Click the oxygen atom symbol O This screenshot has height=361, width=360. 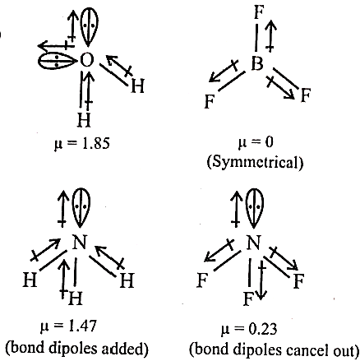coord(87,60)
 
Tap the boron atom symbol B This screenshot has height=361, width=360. coord(257,64)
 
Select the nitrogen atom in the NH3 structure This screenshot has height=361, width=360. coord(80,243)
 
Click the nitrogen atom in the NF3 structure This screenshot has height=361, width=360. coord(253,243)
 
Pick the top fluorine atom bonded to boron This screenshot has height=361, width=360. coord(258,12)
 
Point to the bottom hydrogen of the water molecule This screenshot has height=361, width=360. coord(84,120)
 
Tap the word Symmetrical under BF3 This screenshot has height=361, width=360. coord(255,162)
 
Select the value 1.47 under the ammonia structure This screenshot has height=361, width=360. coord(82,326)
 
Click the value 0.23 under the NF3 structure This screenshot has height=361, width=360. coord(263,329)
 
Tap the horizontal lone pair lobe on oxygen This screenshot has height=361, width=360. coord(58,61)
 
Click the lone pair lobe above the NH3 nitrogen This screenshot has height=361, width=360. coord(81,208)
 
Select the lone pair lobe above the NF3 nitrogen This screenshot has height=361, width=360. coord(255,208)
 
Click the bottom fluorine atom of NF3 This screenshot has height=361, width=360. coord(248,299)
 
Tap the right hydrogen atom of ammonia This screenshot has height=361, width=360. coord(127,280)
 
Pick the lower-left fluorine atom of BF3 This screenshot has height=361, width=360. coord(210,101)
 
